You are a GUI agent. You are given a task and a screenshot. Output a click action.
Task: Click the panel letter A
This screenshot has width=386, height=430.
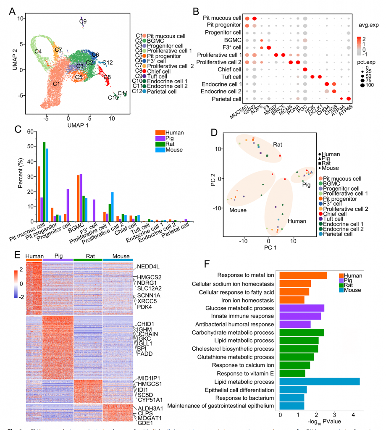tap(12, 9)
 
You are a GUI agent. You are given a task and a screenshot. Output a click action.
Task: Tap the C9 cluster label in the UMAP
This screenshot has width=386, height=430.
tap(83, 21)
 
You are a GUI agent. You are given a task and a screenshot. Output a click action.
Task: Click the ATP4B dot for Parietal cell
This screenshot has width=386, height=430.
tap(349, 99)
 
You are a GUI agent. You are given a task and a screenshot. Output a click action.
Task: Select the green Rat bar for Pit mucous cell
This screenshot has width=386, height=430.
tap(44, 181)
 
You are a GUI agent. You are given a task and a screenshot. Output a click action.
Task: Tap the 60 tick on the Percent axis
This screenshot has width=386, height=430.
tap(29, 131)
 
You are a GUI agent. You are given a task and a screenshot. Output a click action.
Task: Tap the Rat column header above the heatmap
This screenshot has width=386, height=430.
tap(88, 256)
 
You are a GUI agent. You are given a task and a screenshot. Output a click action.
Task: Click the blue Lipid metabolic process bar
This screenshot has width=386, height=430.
tap(320, 381)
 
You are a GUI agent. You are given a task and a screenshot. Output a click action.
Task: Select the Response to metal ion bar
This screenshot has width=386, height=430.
tap(303, 275)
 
